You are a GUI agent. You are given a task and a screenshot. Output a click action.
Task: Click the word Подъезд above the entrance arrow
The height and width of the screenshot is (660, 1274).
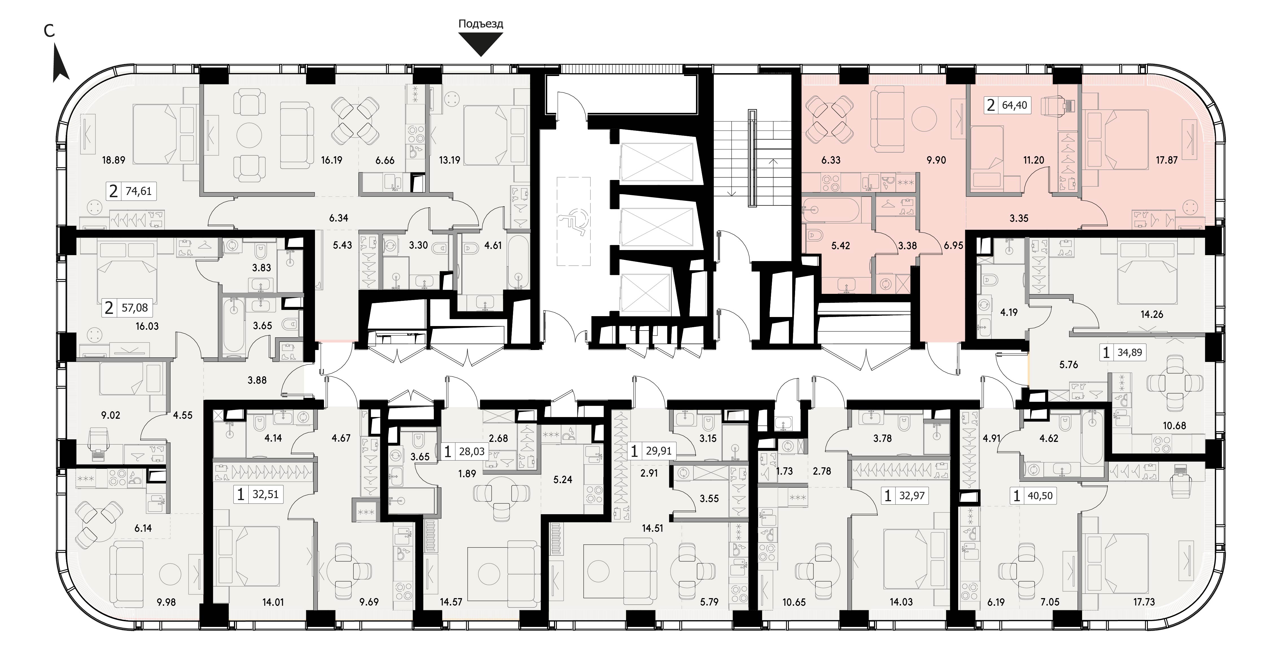click(x=481, y=24)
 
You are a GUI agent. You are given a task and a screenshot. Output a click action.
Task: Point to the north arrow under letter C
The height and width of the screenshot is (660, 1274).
click(x=60, y=63)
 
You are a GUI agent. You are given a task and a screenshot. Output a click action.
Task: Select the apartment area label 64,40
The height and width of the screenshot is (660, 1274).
click(x=1014, y=105)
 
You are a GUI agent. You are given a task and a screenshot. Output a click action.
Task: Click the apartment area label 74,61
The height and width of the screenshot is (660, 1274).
click(x=139, y=191)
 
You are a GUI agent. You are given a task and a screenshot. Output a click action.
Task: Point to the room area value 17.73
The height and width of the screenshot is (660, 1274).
click(x=1143, y=602)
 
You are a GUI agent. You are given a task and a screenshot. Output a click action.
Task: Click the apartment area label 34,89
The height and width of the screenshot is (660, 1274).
click(x=1129, y=353)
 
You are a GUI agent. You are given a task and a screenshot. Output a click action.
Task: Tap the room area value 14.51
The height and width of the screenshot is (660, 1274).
click(x=652, y=528)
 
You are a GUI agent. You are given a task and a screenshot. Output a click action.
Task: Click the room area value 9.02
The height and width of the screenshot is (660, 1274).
click(x=111, y=415)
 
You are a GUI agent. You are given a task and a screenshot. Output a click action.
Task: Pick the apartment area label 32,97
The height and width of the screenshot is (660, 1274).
click(x=912, y=495)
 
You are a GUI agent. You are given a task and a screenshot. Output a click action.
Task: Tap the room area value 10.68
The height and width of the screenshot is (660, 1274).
click(x=1175, y=425)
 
